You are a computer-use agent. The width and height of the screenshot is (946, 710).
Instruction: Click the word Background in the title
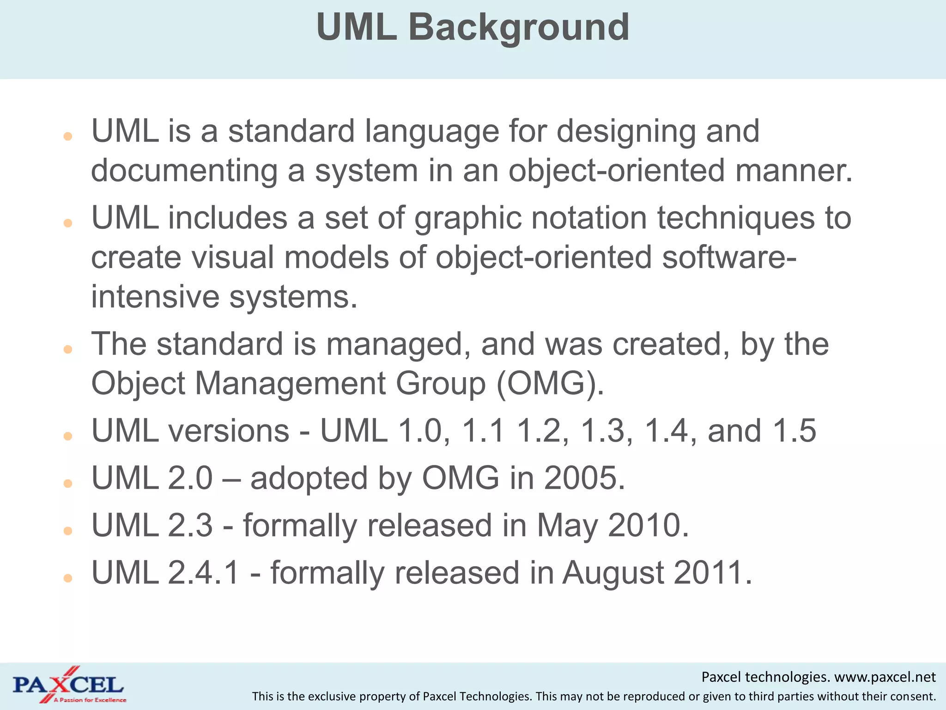click(x=518, y=28)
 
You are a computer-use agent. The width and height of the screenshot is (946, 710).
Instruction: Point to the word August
click(x=613, y=573)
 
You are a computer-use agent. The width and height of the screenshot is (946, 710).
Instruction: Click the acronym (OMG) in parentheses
click(x=550, y=384)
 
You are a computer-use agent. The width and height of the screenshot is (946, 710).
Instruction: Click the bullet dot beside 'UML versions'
click(x=68, y=436)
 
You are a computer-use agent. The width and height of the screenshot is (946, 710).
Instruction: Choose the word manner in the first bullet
click(x=793, y=171)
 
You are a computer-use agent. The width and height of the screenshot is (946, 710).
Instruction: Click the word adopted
click(x=309, y=478)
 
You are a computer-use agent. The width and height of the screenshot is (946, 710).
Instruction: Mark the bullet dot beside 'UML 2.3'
click(x=68, y=531)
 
